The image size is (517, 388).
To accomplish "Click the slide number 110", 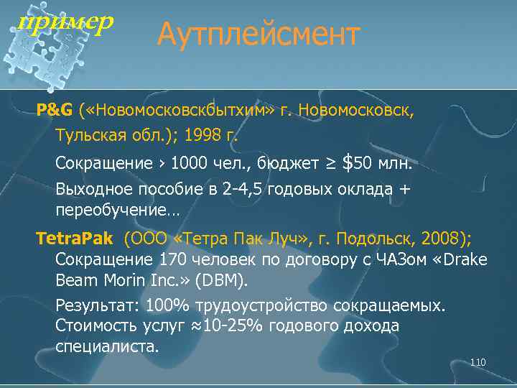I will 478,362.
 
